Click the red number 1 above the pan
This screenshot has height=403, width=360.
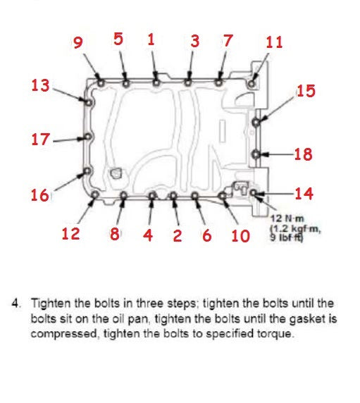click(x=151, y=39)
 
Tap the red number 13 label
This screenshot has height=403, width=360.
click(x=41, y=85)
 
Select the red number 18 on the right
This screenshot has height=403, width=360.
click(x=303, y=154)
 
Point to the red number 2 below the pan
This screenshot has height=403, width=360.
click(x=177, y=235)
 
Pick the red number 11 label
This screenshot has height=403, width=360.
click(x=274, y=42)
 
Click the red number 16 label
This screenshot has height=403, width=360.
click(x=40, y=194)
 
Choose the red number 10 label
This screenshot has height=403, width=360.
click(x=240, y=235)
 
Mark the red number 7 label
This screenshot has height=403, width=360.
click(x=227, y=40)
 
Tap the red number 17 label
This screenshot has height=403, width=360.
click(x=40, y=139)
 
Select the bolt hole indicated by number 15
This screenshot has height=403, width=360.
click(x=256, y=121)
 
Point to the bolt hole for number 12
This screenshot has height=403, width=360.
click(x=93, y=195)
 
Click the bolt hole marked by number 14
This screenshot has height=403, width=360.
click(x=254, y=192)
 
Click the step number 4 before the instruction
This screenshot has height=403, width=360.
click(x=15, y=304)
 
